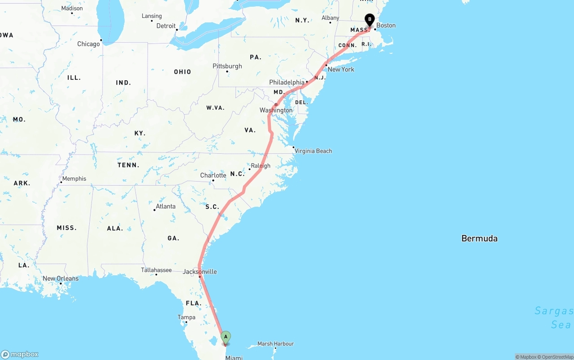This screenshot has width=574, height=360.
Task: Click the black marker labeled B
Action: [370, 20]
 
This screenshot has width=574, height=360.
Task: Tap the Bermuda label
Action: [479, 239]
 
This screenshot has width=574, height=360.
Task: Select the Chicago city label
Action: [88, 44]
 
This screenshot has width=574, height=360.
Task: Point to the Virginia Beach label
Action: [313, 151]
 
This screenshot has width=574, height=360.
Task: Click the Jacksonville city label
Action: [200, 272]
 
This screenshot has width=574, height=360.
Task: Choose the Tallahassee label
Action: [156, 270]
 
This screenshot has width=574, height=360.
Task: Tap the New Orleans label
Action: [61, 278]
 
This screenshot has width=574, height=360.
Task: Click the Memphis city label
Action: [74, 178]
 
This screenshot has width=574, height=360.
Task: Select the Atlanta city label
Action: [165, 207]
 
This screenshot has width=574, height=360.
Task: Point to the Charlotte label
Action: [213, 175]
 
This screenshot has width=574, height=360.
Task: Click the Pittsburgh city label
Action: [227, 66]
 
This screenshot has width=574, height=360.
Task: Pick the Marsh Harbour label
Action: [276, 344]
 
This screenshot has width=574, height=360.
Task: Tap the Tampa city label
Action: [186, 317]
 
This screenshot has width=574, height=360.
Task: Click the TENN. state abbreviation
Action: [128, 165]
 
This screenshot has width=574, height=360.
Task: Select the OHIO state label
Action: [183, 72]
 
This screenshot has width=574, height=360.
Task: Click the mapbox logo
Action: [20, 355]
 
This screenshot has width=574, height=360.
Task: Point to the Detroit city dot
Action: [177, 30]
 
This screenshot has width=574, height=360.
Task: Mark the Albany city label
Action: [330, 18]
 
